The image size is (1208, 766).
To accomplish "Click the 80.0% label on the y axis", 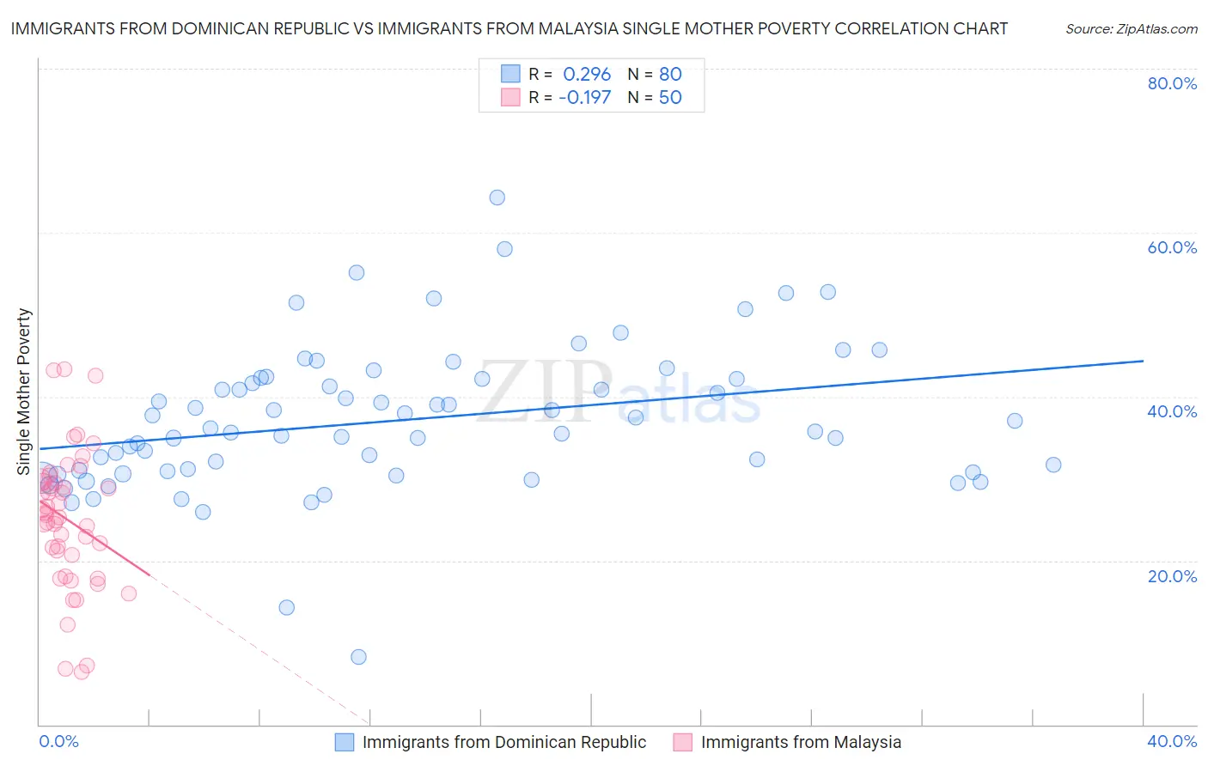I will (1172, 83).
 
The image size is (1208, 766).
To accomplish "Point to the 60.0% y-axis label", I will (1172, 247).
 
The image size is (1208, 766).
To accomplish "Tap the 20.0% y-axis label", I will (1172, 576).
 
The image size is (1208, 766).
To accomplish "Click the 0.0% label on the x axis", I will (58, 741).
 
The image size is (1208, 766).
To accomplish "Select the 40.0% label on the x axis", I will (1172, 741).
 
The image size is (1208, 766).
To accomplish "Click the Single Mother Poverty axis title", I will (24, 392).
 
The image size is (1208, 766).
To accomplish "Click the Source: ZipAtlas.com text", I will (1131, 29).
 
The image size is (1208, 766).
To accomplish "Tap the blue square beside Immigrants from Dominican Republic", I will (345, 742).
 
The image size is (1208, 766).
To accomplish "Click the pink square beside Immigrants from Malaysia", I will (683, 742).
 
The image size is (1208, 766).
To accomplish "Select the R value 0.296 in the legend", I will (587, 74).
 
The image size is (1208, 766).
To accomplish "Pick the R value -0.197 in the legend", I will (584, 97).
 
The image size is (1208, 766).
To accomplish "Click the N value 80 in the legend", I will (670, 74).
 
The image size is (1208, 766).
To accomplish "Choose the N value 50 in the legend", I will (670, 97).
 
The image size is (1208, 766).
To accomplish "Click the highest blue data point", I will (497, 198).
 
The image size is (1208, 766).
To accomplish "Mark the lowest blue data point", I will (358, 657).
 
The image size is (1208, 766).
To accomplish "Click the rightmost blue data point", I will (1053, 465).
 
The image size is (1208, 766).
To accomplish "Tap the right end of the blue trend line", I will (1143, 361).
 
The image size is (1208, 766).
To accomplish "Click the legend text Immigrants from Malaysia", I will (801, 742).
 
